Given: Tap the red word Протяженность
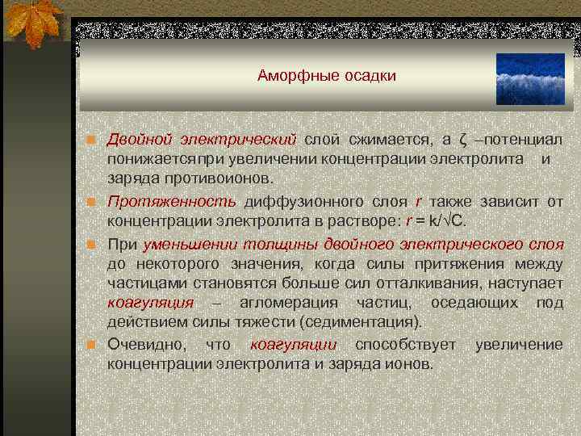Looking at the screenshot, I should (x=171, y=201).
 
